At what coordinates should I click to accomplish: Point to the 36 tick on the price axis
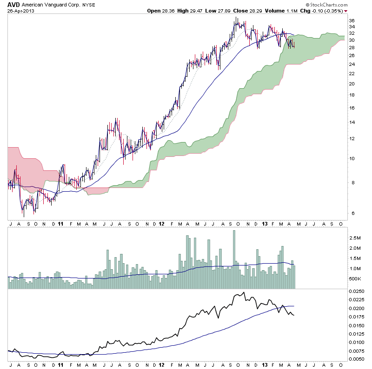pos(352,20)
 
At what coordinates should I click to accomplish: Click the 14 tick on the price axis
pos(352,122)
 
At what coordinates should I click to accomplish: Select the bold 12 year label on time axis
pos(161,223)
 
